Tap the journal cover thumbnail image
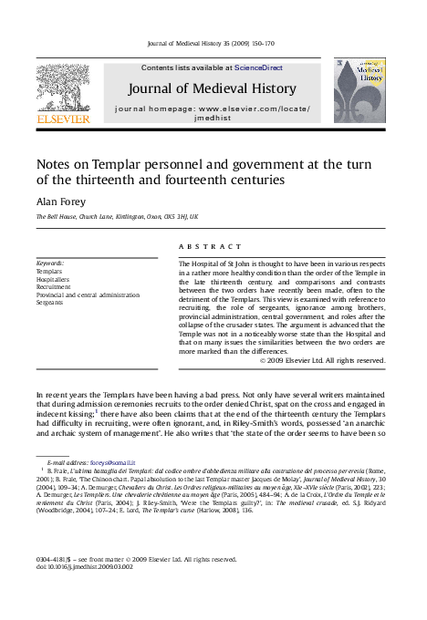(358, 89)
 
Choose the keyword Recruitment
(54, 287)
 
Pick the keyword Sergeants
(51, 303)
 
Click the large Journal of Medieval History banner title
(212, 89)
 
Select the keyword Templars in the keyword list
(49, 272)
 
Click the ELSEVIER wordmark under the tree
(62, 119)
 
